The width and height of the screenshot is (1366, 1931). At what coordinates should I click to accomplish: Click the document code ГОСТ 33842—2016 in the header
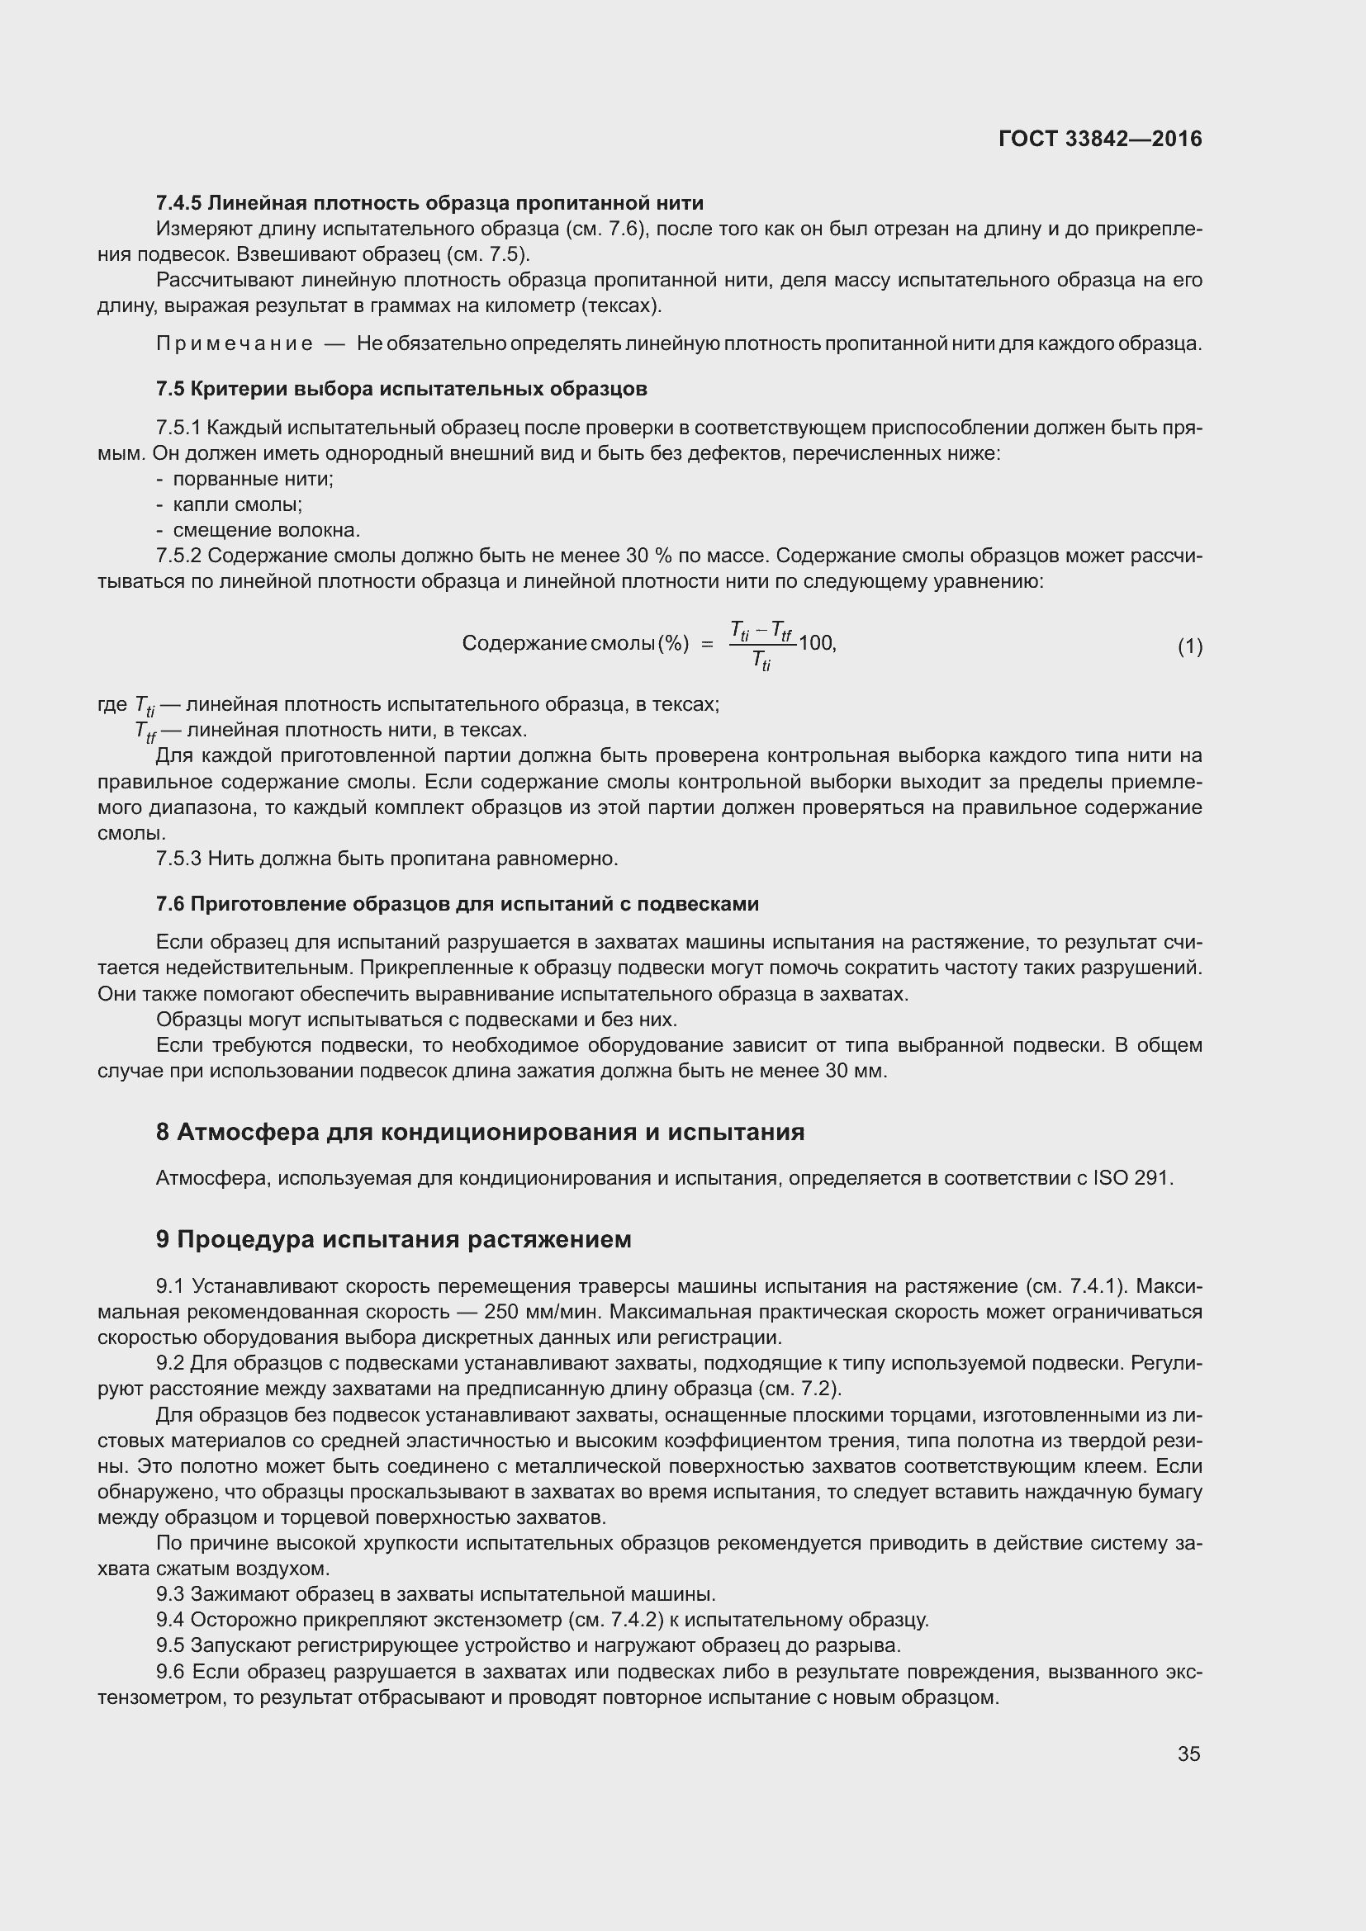[1099, 139]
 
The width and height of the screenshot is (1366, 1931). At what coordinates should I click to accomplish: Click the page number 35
[1188, 1754]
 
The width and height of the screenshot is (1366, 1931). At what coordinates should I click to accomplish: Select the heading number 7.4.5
[178, 203]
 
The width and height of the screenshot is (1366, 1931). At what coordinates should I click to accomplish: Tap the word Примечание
[235, 344]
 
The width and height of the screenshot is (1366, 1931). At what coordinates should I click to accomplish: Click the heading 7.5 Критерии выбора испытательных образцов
[401, 390]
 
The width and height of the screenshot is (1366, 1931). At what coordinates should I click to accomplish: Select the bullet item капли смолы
[237, 504]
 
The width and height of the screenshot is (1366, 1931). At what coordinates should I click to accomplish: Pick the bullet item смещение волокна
[266, 531]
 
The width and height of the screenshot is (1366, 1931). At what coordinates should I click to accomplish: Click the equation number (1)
[1189, 646]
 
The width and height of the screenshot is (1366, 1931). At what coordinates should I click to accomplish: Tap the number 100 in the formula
[815, 643]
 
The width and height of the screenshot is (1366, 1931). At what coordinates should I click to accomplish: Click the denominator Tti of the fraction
[761, 661]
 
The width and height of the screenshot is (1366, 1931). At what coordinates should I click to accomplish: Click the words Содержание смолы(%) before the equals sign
[576, 643]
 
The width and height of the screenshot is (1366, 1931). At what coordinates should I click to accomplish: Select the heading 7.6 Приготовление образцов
[457, 904]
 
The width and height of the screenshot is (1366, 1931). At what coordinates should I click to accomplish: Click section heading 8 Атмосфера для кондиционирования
[480, 1132]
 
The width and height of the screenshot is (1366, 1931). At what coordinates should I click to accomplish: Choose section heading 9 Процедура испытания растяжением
[393, 1240]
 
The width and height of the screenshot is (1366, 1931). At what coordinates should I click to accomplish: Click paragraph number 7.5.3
[178, 859]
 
